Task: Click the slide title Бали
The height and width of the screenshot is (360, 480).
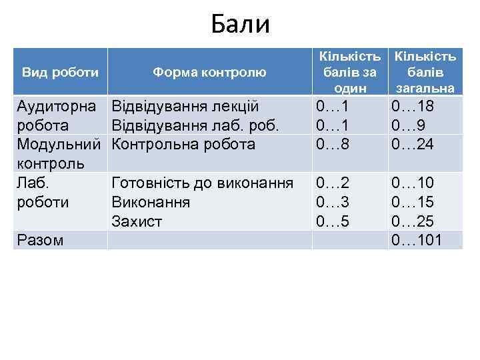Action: point(240,25)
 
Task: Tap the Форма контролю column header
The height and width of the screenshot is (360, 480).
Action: point(209,71)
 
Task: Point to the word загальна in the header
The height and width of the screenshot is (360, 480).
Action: point(425,87)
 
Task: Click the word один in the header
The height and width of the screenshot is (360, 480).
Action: point(351,87)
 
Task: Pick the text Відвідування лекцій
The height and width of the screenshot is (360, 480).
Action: point(185,106)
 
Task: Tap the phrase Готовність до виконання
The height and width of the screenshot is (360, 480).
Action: point(203,183)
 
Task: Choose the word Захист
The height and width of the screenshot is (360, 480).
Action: point(137,221)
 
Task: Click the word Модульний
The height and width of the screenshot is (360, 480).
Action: point(59,144)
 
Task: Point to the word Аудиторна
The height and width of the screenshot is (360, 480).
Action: point(57,106)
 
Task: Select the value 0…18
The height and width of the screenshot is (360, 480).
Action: point(414,106)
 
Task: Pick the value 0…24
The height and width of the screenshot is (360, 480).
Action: point(414,144)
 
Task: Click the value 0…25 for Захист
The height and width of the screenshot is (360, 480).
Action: point(414,221)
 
